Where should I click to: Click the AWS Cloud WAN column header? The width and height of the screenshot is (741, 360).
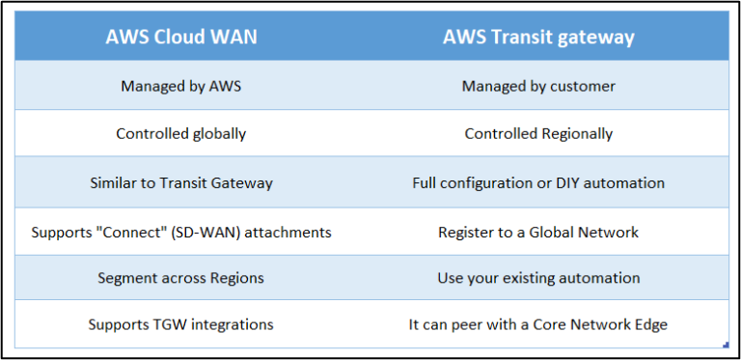pyautogui.click(x=180, y=38)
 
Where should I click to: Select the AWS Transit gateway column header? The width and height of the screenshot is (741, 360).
pyautogui.click(x=538, y=38)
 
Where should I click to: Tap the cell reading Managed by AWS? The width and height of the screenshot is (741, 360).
pyautogui.click(x=180, y=86)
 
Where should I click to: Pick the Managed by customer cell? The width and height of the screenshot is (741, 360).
pyautogui.click(x=538, y=86)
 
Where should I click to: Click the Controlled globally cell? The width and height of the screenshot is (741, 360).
pyautogui.click(x=180, y=134)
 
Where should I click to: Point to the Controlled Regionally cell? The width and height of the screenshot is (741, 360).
pyautogui.click(x=538, y=134)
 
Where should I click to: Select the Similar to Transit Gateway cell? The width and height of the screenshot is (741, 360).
pyautogui.click(x=180, y=182)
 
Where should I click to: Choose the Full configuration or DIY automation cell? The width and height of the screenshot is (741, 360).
pyautogui.click(x=538, y=182)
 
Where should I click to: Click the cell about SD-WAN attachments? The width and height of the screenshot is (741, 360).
pyautogui.click(x=180, y=233)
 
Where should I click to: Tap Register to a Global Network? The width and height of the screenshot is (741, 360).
pyautogui.click(x=538, y=233)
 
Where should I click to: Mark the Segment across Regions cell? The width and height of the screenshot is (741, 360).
pyautogui.click(x=180, y=278)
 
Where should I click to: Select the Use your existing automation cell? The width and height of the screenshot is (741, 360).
pyautogui.click(x=538, y=278)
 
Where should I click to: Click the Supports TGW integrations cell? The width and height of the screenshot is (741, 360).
pyautogui.click(x=180, y=324)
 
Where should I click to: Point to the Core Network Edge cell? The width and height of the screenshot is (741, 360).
pyautogui.click(x=538, y=324)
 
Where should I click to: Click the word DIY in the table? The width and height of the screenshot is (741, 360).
pyautogui.click(x=576, y=182)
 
